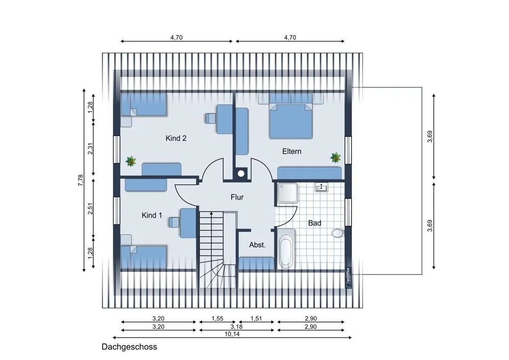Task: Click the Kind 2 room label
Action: (176, 138)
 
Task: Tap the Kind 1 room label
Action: (151, 215)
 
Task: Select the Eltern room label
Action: (292, 151)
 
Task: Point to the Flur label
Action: (237, 197)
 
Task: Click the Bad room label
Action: (315, 223)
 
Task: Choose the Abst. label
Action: (257, 245)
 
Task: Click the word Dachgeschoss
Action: (129, 347)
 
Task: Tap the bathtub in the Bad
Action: (286, 249)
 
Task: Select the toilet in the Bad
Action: (338, 233)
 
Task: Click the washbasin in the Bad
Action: (321, 187)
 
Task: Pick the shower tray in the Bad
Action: (288, 193)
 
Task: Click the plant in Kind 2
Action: (131, 161)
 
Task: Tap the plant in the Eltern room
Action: (335, 158)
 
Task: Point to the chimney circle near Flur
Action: (241, 174)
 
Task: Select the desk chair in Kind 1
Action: (174, 222)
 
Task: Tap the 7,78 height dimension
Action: (81, 180)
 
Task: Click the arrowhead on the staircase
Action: (211, 214)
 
